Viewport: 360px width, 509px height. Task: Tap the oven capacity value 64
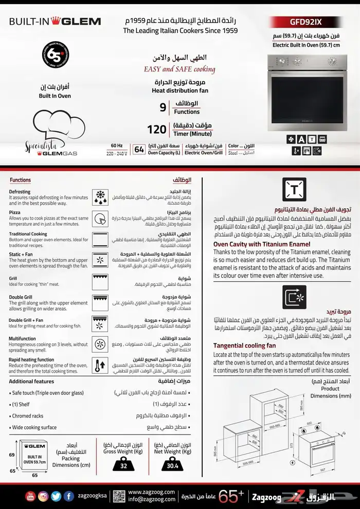[x=138, y=150]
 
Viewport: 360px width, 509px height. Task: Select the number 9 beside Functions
[x=163, y=107]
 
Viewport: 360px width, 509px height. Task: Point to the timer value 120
[x=156, y=130]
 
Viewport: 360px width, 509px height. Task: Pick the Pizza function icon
[x=101, y=217]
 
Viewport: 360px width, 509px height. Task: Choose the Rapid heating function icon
[x=101, y=366]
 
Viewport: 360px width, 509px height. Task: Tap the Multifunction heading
[x=22, y=339]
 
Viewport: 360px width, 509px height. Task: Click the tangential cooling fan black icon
[x=295, y=297]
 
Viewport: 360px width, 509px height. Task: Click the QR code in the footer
[x=119, y=496]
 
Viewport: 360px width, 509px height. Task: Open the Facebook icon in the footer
[x=68, y=496]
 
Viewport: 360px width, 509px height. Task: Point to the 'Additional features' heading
[x=31, y=381]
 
